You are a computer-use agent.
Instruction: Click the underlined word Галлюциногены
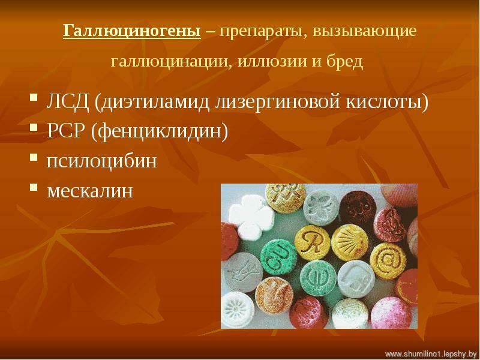click(132, 31)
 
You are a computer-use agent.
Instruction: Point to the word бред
click(344, 61)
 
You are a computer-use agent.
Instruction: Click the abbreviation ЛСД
click(68, 102)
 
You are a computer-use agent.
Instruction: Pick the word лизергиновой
click(277, 103)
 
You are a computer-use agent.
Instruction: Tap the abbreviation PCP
click(65, 131)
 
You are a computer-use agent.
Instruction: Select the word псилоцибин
click(101, 160)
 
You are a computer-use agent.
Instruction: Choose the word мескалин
click(90, 191)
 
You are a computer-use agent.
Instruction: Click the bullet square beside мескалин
click(34, 187)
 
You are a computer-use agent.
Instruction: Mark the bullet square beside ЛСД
click(34, 98)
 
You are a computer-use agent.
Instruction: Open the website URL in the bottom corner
click(431, 354)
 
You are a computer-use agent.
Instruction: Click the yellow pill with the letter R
click(312, 243)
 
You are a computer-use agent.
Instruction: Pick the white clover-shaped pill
click(251, 216)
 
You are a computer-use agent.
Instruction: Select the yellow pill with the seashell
click(350, 243)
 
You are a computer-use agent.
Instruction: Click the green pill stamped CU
click(278, 257)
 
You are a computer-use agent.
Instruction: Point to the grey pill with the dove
click(242, 272)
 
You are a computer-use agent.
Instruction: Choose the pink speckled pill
click(391, 312)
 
